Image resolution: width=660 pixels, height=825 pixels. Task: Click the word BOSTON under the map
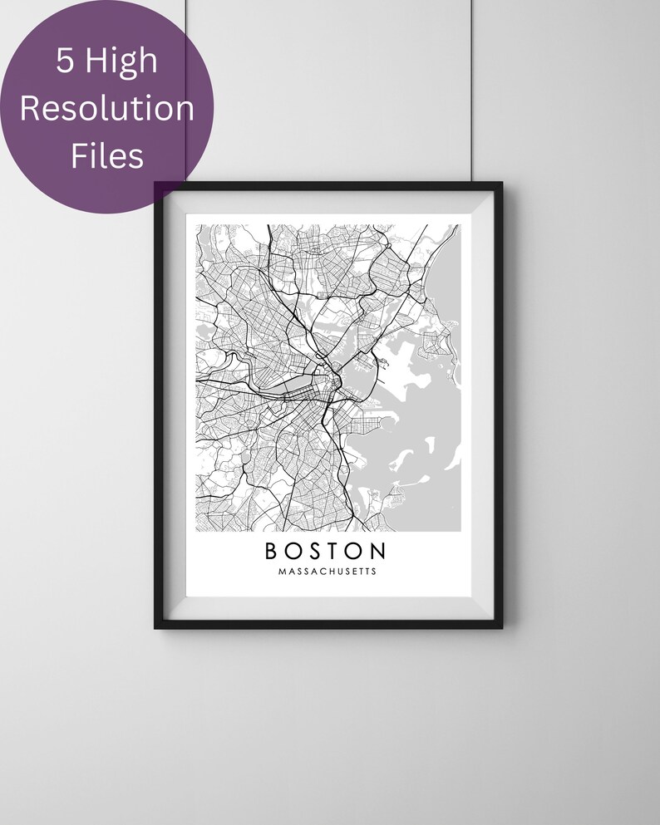point(326,551)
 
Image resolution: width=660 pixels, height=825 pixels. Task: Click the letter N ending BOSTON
point(378,551)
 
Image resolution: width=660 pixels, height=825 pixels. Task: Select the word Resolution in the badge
point(107,108)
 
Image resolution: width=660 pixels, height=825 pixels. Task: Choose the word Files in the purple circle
point(106,155)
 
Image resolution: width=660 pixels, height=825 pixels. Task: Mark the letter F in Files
point(77,155)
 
